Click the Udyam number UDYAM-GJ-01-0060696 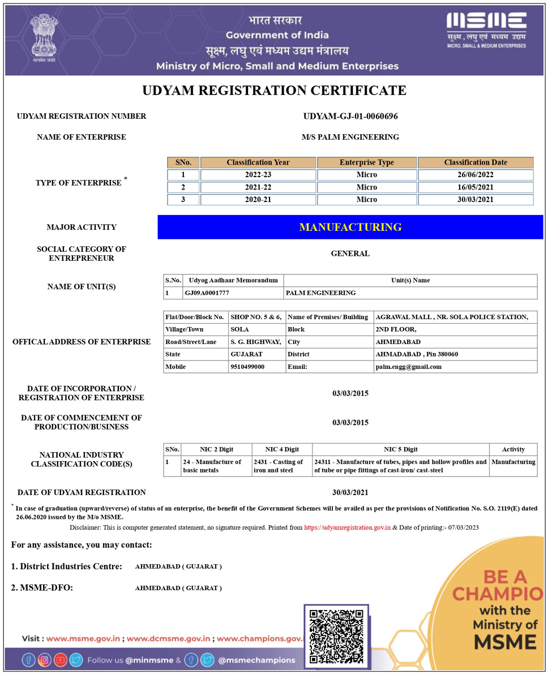[x=350, y=116]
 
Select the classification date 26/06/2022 [x=475, y=175]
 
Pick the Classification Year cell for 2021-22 [x=258, y=187]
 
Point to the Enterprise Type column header [x=366, y=162]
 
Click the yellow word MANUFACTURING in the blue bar [x=350, y=227]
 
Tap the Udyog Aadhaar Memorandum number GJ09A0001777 [x=207, y=293]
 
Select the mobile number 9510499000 [x=247, y=367]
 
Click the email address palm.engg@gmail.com [x=408, y=367]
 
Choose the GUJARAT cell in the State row [x=246, y=354]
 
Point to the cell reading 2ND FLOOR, [x=396, y=329]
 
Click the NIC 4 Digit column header [x=281, y=449]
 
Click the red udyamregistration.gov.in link [x=347, y=527]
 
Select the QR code [x=336, y=635]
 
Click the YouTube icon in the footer [x=60, y=660]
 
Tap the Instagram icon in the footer [x=44, y=660]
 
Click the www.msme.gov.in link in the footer [x=83, y=638]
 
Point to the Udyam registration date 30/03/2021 [x=350, y=492]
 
